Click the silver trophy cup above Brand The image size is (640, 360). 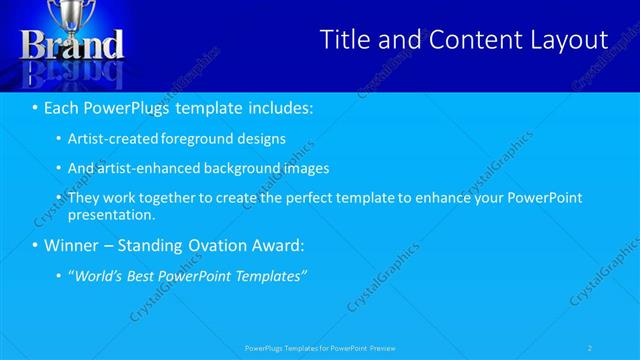coord(72,15)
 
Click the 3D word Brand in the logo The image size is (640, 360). coord(72,45)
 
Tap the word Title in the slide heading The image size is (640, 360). coord(346,40)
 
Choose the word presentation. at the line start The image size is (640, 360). coord(111,214)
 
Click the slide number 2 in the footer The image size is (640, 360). coord(590,348)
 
